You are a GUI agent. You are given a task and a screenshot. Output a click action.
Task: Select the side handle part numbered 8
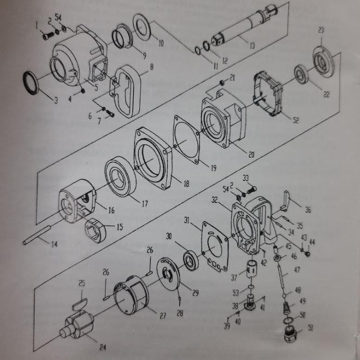126,90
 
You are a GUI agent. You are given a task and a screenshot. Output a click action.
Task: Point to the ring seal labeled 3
32,83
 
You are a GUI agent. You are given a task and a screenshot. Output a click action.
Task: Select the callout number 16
111,210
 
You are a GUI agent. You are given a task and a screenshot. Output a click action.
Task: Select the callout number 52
296,120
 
